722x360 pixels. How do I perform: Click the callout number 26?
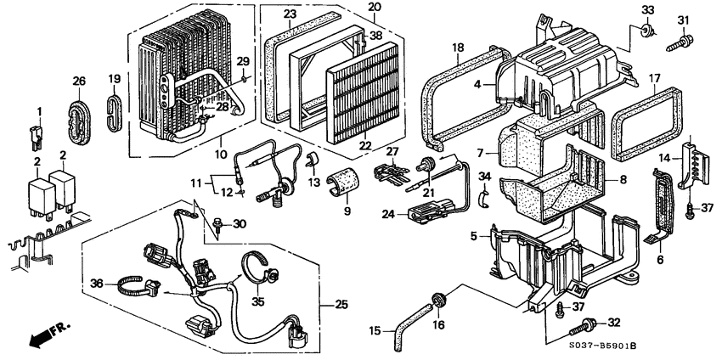coord(78,82)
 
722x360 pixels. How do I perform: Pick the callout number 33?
coord(649,9)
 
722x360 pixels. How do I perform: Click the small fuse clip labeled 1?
coord(36,135)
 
